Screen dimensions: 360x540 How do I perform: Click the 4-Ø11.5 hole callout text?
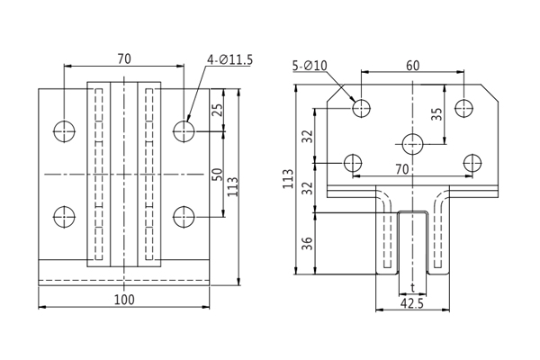tap(229, 60)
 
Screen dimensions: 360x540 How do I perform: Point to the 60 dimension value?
tap(412, 65)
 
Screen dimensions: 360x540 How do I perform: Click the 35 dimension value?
tap(437, 115)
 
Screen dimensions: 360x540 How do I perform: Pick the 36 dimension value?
tap(309, 243)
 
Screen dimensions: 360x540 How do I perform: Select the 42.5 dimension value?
tap(411, 303)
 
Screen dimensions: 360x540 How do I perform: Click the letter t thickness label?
tap(412, 288)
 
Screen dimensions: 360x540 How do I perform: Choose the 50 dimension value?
tap(217, 174)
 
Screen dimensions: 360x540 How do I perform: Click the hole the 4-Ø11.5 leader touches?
tap(184, 131)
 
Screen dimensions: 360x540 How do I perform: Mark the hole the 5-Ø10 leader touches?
tap(362, 108)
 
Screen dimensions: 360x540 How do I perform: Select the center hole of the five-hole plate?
tap(413, 143)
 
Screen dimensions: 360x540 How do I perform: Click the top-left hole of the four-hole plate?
tap(65, 131)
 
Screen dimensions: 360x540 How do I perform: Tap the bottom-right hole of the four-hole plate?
tap(184, 217)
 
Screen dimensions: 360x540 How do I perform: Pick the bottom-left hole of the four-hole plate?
tap(65, 217)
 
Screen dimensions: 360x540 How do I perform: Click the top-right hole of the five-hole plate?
tap(463, 108)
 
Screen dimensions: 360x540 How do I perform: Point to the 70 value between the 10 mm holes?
tap(401, 169)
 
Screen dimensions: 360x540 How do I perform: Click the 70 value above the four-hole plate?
tap(124, 58)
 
